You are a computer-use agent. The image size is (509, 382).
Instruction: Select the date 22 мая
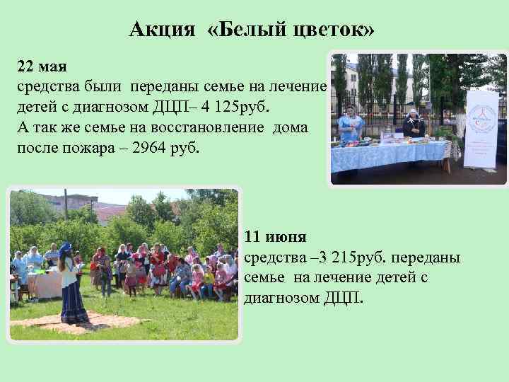[42, 67]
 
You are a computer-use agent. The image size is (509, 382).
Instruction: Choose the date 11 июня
[276, 236]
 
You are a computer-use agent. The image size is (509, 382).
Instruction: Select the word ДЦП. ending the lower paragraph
[342, 298]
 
